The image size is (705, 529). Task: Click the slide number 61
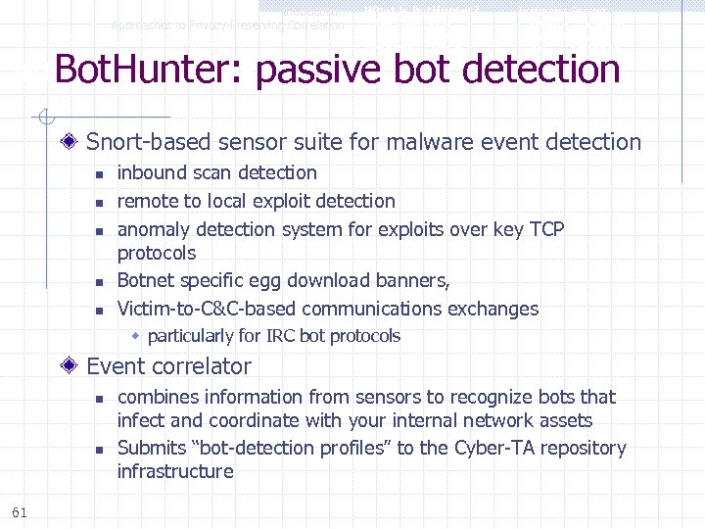click(x=20, y=511)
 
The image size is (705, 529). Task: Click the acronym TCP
click(x=546, y=229)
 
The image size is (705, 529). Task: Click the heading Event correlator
click(x=168, y=366)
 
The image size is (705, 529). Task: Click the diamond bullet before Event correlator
click(x=71, y=366)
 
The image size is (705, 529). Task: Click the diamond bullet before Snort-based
click(x=71, y=142)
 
